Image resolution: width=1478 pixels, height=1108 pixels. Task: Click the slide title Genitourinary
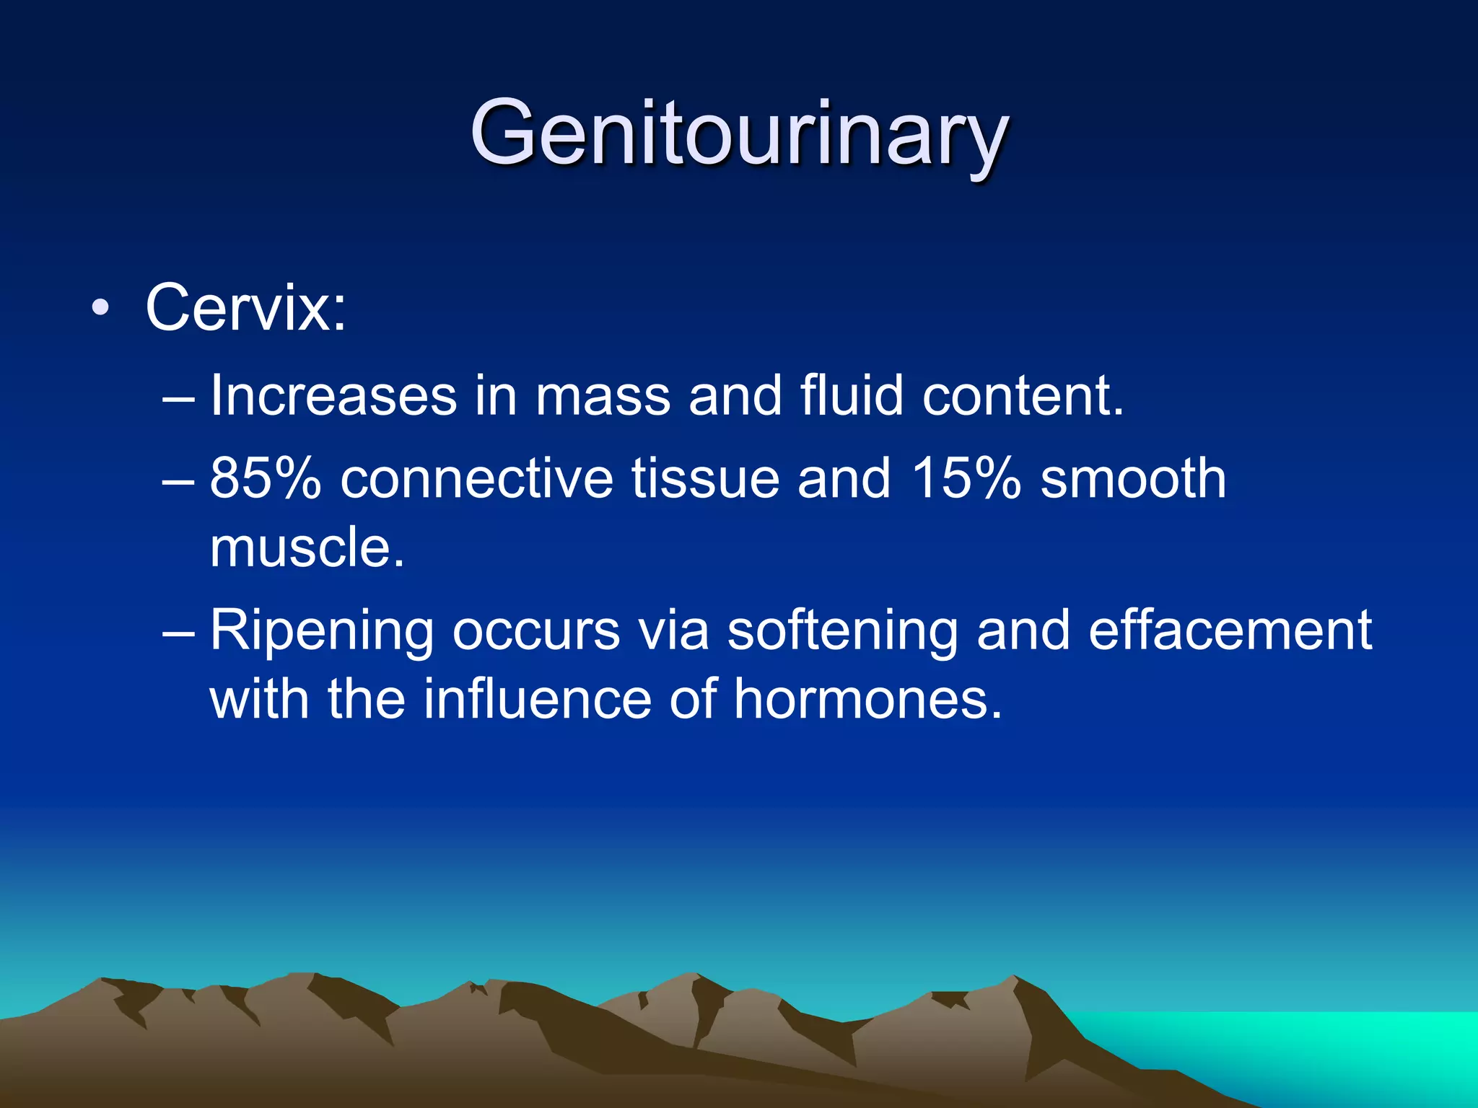[738, 133]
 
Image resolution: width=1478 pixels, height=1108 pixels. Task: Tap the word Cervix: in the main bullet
[246, 308]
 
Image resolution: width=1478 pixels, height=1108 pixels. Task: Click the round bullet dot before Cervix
[101, 309]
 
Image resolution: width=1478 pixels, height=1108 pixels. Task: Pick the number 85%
[265, 478]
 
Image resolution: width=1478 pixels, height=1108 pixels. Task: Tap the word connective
[476, 478]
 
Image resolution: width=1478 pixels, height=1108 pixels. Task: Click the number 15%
[966, 478]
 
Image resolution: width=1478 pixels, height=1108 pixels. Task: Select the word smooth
[1133, 478]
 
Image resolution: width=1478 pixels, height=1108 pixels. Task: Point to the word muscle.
[307, 548]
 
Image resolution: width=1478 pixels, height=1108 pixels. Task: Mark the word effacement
[1230, 630]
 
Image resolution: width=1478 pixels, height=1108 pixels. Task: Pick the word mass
[603, 396]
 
